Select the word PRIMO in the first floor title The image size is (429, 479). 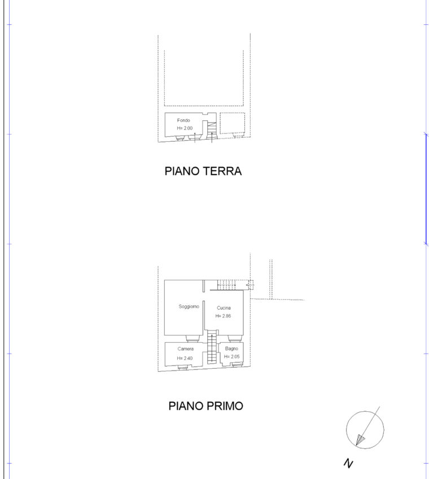pyautogui.click(x=225, y=406)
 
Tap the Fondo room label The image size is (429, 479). pyautogui.click(x=183, y=120)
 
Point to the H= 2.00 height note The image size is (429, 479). pyautogui.click(x=185, y=128)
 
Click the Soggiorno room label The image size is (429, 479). pyautogui.click(x=189, y=306)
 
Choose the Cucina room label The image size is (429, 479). pyautogui.click(x=224, y=308)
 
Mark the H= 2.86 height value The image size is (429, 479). pyautogui.click(x=223, y=316)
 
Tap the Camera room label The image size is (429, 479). pyautogui.click(x=185, y=349)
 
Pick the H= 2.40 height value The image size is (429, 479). pyautogui.click(x=185, y=358)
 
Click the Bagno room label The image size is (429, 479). pyautogui.click(x=231, y=349)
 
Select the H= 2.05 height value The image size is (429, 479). pyautogui.click(x=232, y=356)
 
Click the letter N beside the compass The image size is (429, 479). pyautogui.click(x=348, y=463)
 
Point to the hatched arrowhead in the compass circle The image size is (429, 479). pyautogui.click(x=360, y=439)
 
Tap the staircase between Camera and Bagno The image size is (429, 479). pyautogui.click(x=211, y=349)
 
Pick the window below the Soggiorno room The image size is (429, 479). pyautogui.click(x=192, y=338)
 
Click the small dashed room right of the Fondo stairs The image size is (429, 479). pyautogui.click(x=233, y=123)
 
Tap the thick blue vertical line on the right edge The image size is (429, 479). pyautogui.click(x=426, y=189)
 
